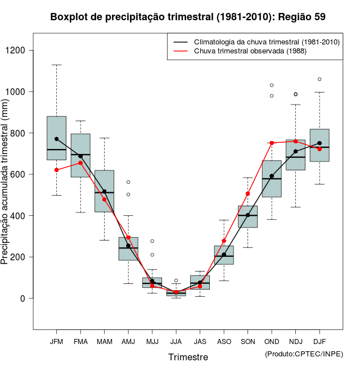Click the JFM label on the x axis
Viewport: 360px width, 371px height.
pos(56,342)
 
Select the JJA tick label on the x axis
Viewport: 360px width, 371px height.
pos(176,342)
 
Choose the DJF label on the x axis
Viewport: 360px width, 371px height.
pos(319,342)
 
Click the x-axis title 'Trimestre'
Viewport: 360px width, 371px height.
pos(188,357)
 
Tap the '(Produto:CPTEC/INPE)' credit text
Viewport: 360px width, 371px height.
pos(304,354)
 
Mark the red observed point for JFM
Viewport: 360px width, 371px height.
pos(56,170)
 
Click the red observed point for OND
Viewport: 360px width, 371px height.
pos(272,143)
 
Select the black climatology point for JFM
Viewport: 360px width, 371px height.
pos(56,139)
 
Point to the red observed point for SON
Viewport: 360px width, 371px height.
pos(247,194)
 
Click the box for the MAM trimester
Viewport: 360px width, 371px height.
pos(104,191)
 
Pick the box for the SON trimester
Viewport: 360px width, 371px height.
pos(247,216)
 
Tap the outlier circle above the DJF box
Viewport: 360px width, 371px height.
pos(319,79)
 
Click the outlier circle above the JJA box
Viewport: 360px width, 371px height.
pos(176,280)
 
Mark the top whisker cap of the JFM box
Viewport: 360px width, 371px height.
pos(56,65)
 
